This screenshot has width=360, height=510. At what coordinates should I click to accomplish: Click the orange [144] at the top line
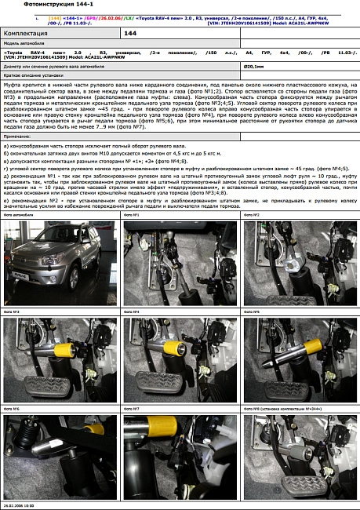point(55,16)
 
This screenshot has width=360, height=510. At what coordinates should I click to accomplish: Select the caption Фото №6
point(11,409)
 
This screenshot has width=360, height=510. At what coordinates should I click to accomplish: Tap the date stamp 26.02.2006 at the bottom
point(19,506)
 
